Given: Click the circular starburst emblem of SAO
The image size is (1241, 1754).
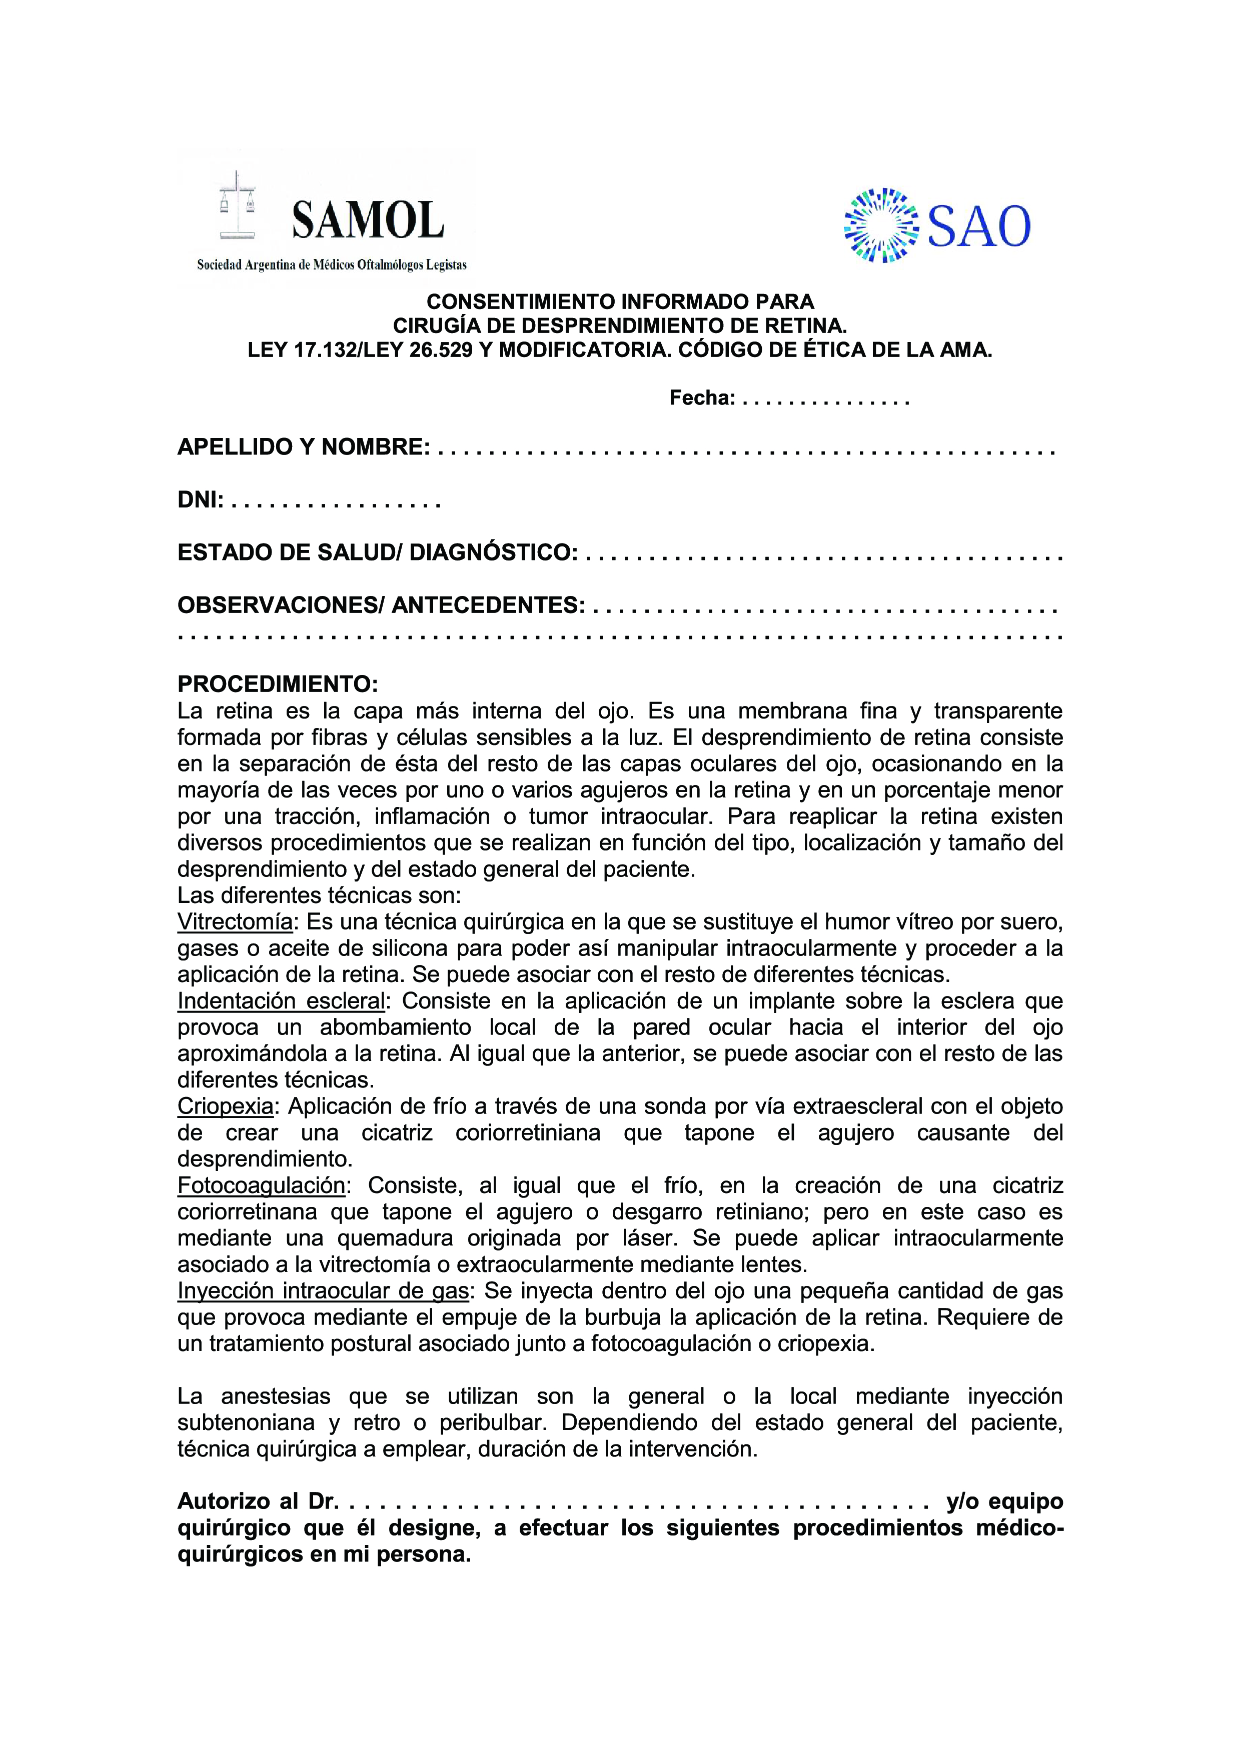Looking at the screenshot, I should pyautogui.click(x=881, y=226).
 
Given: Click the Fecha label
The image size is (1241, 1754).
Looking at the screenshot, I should pyautogui.click(x=701, y=398).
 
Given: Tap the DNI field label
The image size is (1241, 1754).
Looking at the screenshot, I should pyautogui.click(x=200, y=500).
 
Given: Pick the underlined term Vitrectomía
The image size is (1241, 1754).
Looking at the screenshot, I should pyautogui.click(x=235, y=923).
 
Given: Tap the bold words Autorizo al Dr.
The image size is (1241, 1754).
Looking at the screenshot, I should pyautogui.click(x=258, y=1502).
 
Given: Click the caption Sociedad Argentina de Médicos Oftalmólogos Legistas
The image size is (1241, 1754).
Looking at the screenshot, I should pyautogui.click(x=332, y=265).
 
